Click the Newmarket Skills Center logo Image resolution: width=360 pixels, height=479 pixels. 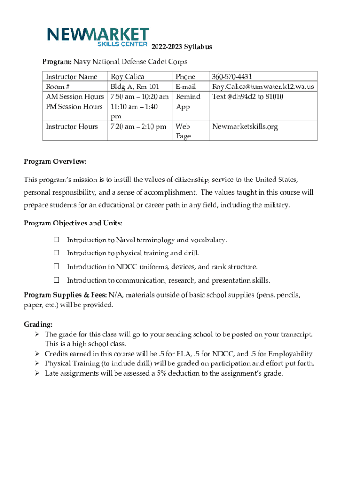pos(98,37)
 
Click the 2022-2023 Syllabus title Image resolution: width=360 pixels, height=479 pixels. pos(182,47)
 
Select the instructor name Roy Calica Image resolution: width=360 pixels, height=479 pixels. pos(127,77)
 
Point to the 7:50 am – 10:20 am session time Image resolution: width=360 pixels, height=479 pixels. pos(139,97)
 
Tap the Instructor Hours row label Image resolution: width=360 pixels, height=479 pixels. pos(72,127)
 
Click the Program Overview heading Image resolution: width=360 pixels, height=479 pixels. pos(55,161)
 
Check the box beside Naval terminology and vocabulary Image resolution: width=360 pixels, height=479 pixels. pos(56,240)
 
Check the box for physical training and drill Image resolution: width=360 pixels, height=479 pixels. pos(56,253)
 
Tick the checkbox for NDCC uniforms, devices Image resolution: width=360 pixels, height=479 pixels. pos(56,267)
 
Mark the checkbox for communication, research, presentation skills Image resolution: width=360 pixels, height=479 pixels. pos(56,280)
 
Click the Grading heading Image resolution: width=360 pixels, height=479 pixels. pos(38,324)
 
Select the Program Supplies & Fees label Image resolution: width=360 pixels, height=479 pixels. pos(65,295)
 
